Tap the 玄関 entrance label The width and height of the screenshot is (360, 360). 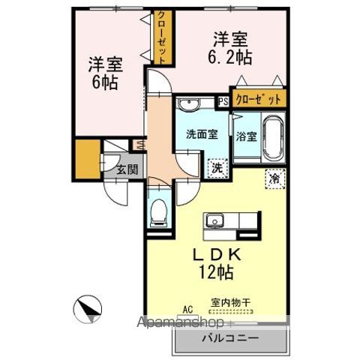tap(127, 169)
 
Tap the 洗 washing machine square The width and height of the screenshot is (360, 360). tap(215, 168)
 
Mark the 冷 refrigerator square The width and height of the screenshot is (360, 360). tap(274, 178)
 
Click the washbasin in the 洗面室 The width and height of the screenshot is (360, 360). tap(188, 104)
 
